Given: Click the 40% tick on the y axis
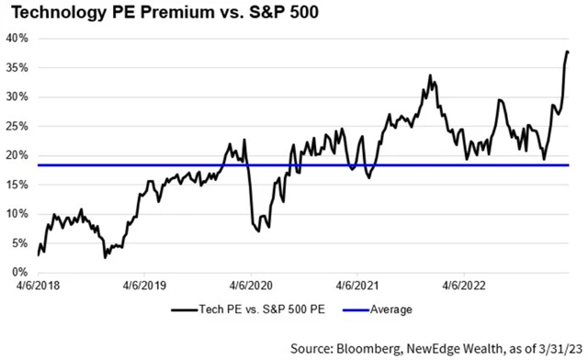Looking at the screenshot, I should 18,39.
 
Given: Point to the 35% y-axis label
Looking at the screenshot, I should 18,68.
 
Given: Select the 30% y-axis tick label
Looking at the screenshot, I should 18,97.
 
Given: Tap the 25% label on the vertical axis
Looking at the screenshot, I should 18,126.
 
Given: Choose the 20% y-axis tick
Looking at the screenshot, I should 18,155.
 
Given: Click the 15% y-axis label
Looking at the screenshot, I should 18,185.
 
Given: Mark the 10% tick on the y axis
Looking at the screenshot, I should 18,214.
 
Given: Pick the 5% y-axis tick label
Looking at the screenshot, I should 21,243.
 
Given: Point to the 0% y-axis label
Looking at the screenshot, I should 21,273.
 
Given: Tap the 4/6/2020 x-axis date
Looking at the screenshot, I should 249,287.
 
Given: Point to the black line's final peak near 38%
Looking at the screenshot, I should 567,51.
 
